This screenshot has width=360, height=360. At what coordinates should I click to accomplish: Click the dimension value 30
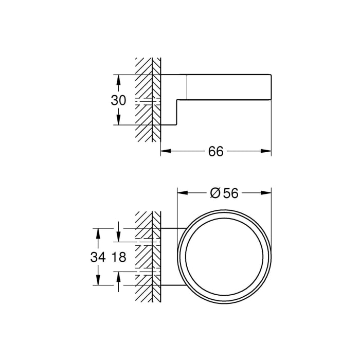(118, 100)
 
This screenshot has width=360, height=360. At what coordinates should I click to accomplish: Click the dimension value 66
(216, 151)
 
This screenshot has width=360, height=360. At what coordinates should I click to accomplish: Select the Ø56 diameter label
(224, 193)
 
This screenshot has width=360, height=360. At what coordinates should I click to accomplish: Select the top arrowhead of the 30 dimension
(118, 78)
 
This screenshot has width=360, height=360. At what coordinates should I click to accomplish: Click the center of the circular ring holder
(224, 256)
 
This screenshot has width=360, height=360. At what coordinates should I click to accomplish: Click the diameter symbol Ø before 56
(216, 193)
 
